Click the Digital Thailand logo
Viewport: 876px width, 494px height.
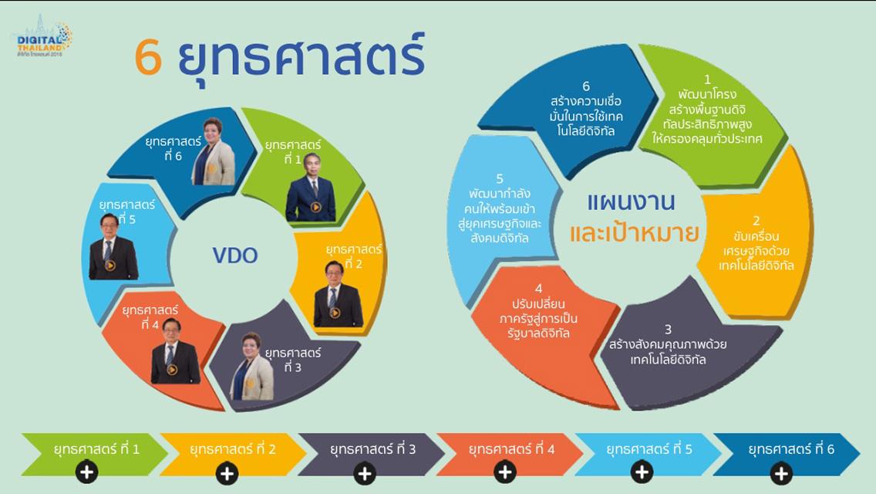coord(42,36)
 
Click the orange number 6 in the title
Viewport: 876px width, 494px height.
coord(149,56)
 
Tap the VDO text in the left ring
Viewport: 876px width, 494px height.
coord(235,255)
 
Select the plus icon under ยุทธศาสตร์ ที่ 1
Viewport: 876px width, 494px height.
coord(86,472)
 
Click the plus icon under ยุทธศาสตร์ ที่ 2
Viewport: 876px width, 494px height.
coord(227,473)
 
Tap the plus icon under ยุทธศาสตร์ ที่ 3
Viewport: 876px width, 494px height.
coord(365,473)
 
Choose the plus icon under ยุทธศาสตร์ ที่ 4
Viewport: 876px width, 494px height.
coord(505,472)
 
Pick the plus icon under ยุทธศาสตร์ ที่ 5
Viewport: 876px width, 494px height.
coord(642,472)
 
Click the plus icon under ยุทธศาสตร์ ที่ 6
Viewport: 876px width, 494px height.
coord(781,473)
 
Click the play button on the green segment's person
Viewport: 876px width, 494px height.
coord(315,208)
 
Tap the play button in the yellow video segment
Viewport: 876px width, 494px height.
coord(335,313)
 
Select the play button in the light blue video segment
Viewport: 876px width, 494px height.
coord(110,266)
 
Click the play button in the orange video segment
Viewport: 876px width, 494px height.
coord(172,369)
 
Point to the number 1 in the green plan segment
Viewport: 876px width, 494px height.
coord(707,80)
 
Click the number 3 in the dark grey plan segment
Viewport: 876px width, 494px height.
coord(668,330)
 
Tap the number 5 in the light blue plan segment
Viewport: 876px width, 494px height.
coord(500,178)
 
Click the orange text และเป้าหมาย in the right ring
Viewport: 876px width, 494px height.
coord(635,232)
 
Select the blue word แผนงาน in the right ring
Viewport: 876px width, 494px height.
coord(632,202)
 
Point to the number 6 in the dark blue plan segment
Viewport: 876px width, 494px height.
coord(586,86)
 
